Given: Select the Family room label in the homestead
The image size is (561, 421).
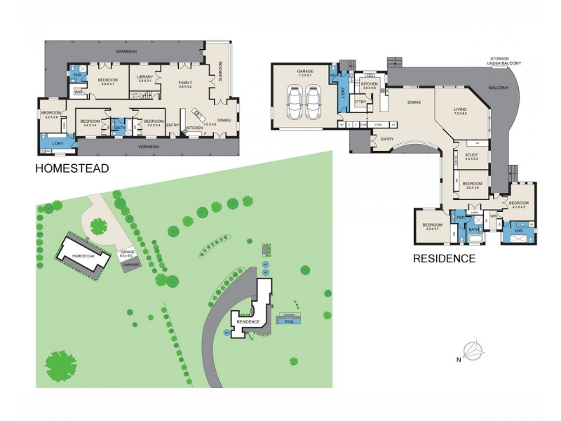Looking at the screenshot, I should [x=185, y=82].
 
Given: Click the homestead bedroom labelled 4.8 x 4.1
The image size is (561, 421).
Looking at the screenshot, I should [x=107, y=80].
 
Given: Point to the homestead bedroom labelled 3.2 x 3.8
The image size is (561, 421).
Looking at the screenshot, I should [x=50, y=114].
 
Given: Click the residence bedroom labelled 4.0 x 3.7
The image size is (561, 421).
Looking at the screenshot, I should [x=431, y=226].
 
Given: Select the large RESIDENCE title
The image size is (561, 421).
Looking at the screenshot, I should [x=443, y=258].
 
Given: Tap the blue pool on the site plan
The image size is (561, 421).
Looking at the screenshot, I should [x=289, y=321].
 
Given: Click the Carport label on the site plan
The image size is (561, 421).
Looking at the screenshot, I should [x=131, y=265].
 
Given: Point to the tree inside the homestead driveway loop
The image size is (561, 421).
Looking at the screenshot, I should [x=99, y=225].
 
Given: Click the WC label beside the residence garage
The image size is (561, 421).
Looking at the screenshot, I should [x=334, y=75].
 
